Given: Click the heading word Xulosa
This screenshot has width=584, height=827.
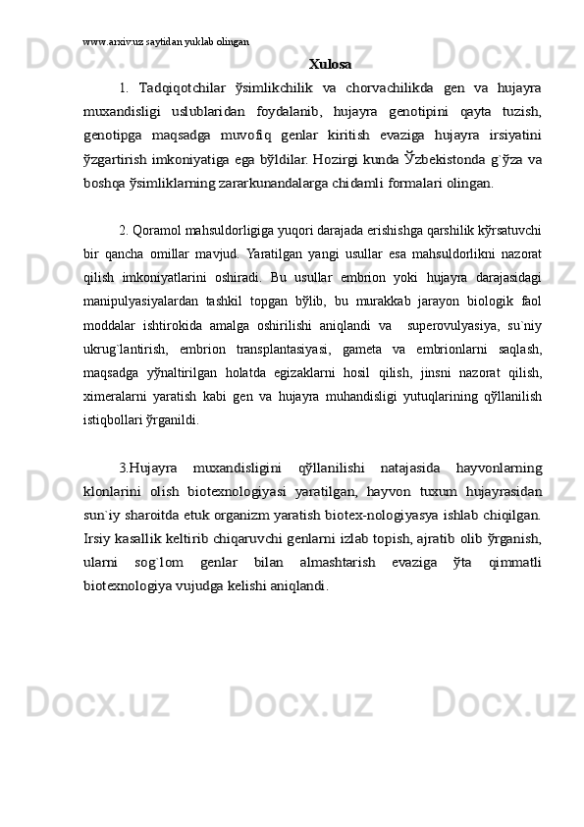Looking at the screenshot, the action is pyautogui.click(x=330, y=65).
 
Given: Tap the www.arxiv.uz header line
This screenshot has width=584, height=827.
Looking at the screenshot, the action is pyautogui.click(x=166, y=43).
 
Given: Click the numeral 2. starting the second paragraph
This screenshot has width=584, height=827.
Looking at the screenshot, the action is pyautogui.click(x=125, y=230).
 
